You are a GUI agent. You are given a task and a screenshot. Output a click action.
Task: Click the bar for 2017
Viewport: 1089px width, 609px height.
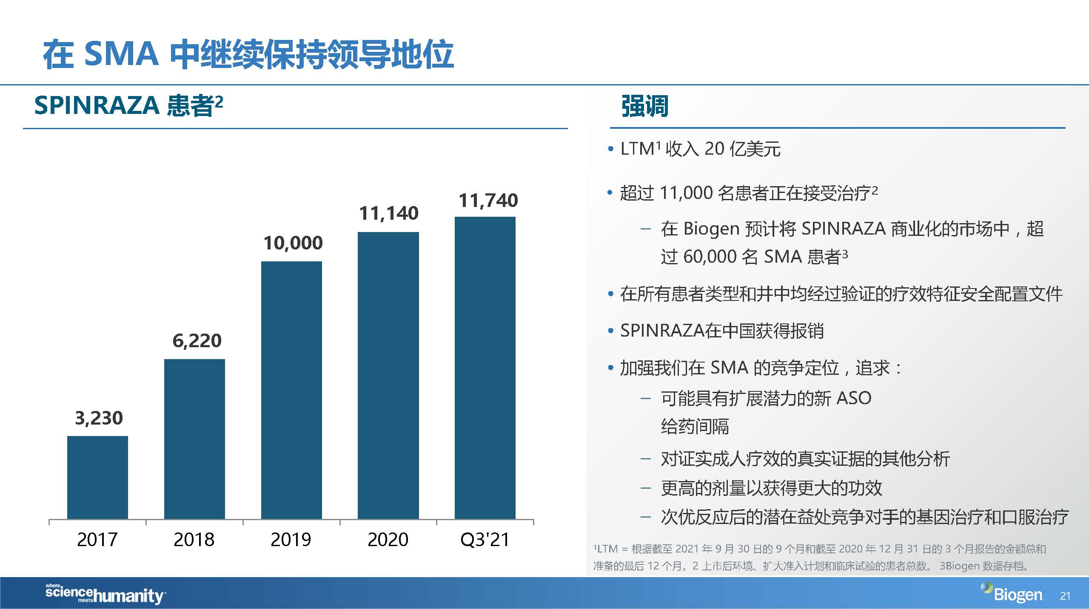click(x=97, y=477)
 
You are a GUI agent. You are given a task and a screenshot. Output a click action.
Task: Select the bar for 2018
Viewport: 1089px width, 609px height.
click(x=194, y=439)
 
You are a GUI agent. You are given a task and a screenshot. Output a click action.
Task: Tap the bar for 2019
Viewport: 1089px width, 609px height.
click(x=291, y=390)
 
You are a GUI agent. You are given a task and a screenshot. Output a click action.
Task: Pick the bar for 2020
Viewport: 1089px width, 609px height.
click(x=388, y=375)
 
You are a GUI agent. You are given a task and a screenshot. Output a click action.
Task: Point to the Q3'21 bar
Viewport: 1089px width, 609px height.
click(x=485, y=368)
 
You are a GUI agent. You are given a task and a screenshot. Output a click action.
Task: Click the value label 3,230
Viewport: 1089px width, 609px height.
click(x=99, y=418)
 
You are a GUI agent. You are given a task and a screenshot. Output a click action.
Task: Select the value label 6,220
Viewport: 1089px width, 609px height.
click(x=197, y=341)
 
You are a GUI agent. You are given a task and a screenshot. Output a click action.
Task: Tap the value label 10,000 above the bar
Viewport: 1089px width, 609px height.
click(x=293, y=243)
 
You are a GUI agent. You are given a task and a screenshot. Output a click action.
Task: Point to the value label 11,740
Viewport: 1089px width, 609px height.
click(x=488, y=201)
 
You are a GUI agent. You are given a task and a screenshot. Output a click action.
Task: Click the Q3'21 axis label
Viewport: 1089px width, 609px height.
click(x=485, y=540)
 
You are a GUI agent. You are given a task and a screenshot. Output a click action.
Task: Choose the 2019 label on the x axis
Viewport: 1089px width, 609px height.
click(x=291, y=540)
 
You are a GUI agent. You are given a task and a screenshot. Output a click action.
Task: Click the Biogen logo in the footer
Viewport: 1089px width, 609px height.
click(x=1012, y=594)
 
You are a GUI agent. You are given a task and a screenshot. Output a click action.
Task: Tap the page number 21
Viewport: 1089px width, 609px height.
click(x=1065, y=596)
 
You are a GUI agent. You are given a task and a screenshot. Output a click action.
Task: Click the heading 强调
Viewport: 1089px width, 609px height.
click(x=644, y=106)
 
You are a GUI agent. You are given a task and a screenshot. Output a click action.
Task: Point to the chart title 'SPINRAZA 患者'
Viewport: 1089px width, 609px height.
click(x=128, y=105)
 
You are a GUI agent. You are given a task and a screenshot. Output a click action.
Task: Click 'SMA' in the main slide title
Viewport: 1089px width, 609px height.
click(x=122, y=54)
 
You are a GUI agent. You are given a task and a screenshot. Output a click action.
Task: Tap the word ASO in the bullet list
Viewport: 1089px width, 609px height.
click(x=853, y=398)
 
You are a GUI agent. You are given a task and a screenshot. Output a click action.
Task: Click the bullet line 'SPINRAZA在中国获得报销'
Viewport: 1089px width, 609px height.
click(x=721, y=331)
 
